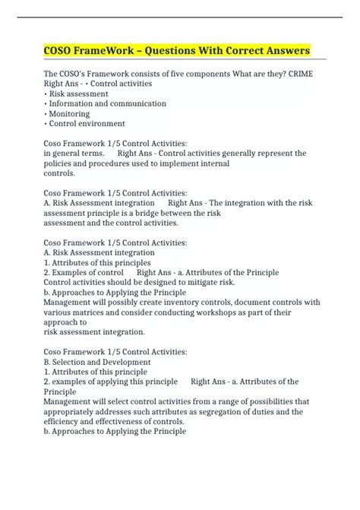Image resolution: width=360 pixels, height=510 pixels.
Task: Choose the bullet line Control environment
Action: [87, 124]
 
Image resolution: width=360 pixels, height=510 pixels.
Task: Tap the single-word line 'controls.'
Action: [59, 173]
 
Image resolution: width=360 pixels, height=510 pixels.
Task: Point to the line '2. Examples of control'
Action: [84, 272]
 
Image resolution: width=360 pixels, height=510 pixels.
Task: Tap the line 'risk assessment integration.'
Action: [94, 331]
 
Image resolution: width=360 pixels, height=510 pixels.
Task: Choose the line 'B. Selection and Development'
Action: [94, 361]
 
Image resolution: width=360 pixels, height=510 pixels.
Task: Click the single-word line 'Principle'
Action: [63, 391]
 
